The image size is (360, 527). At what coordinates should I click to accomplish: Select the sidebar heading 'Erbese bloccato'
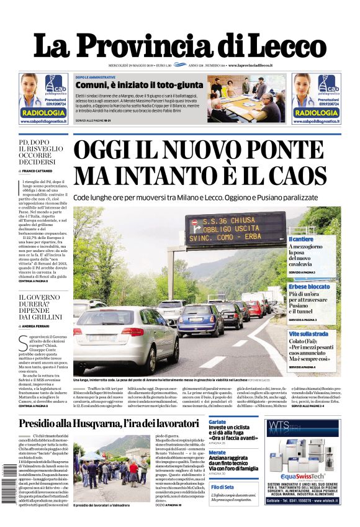click(x=309, y=286)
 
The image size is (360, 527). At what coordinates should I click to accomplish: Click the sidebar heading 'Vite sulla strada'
click(x=308, y=334)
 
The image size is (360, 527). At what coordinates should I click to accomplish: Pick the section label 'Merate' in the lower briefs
click(x=218, y=453)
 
